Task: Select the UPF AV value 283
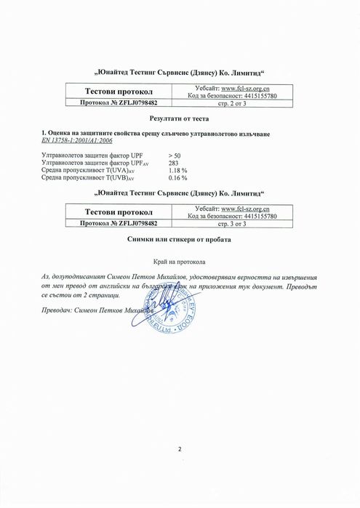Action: pyautogui.click(x=173, y=164)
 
